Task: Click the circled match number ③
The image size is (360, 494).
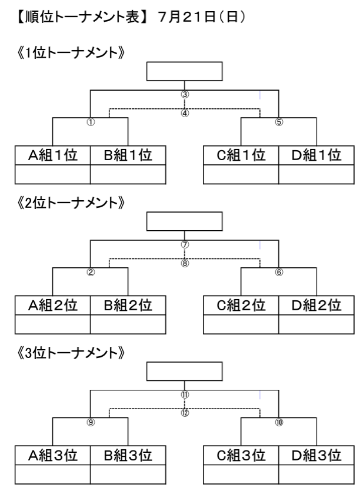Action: point(185,94)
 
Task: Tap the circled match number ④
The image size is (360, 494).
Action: point(185,113)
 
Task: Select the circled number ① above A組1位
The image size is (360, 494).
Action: point(91,122)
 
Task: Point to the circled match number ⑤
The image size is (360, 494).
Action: point(279,122)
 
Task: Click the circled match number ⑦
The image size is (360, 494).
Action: point(185,244)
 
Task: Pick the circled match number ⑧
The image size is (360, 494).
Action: point(185,263)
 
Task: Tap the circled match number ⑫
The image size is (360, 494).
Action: point(185,413)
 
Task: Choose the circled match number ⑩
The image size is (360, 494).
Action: point(279,423)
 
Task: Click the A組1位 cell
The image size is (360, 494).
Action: point(53,155)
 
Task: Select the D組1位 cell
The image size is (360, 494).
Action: point(316,155)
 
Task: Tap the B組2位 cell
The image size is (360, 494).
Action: point(128,305)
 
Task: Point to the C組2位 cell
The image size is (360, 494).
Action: point(241,305)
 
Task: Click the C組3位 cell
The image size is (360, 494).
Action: point(241,455)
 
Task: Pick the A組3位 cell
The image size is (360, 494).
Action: point(53,455)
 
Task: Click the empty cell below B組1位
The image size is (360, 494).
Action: point(128,174)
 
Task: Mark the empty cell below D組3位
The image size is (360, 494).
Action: point(316,474)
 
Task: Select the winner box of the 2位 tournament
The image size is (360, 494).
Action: point(184,221)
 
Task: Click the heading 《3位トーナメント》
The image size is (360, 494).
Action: point(71,353)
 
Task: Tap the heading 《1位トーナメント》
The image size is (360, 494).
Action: point(71,52)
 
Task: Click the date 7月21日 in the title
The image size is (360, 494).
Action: point(182,17)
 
